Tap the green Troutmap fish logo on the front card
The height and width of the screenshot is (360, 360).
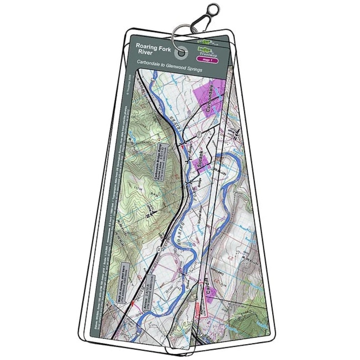click(205, 47)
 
